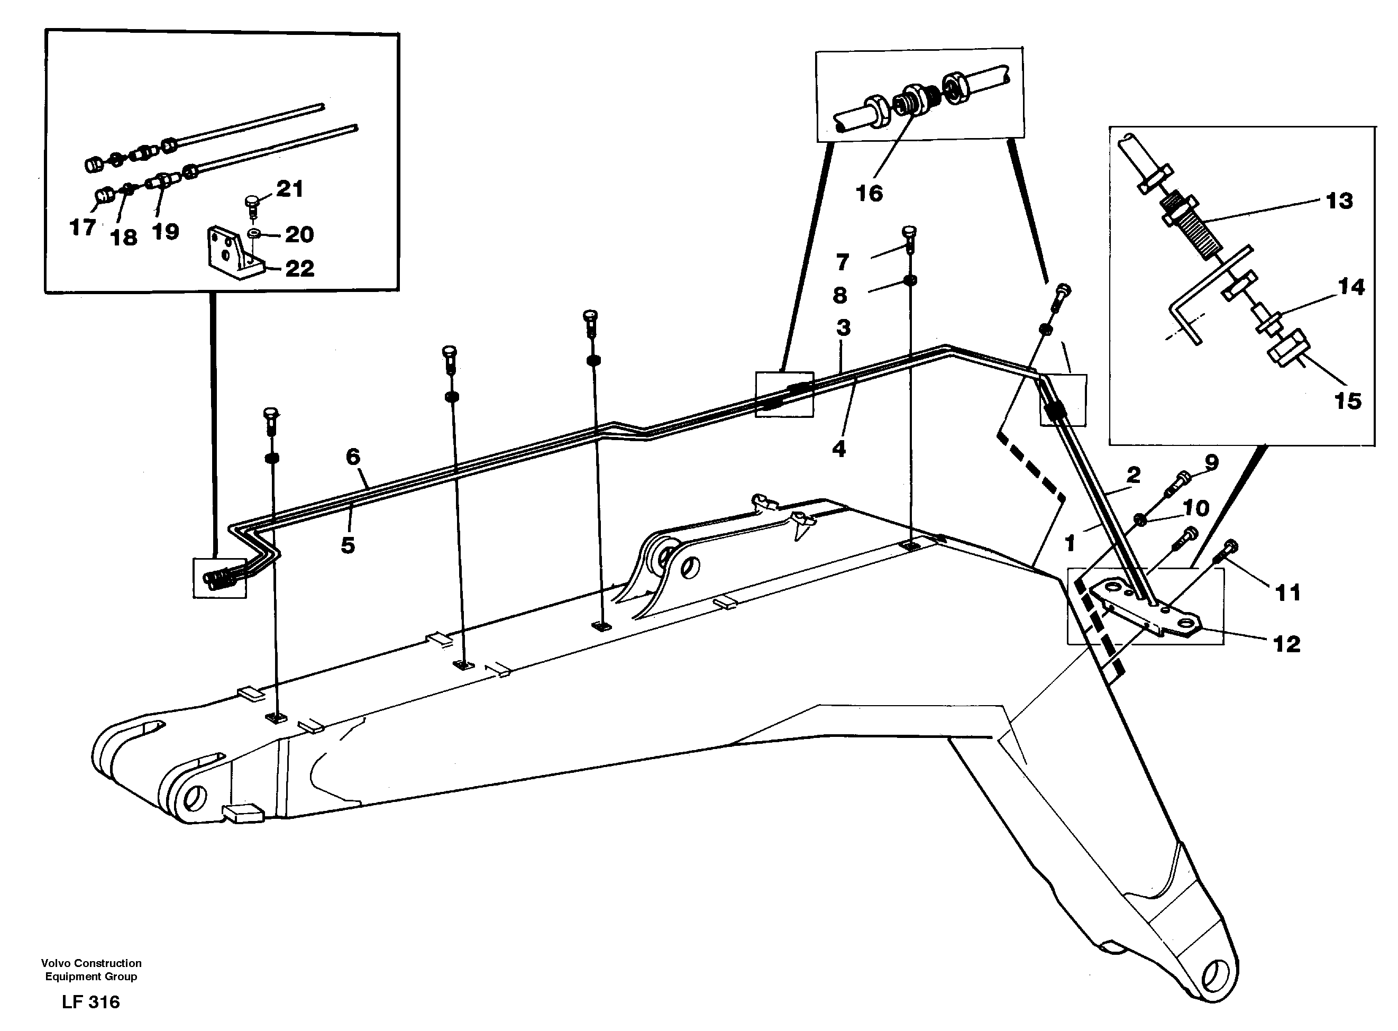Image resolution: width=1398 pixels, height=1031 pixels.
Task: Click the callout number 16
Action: tap(870, 194)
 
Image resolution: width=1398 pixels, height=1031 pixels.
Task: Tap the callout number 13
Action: tap(1339, 201)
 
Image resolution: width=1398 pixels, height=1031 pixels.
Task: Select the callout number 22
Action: tap(299, 269)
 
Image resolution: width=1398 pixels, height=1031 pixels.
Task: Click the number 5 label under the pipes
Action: tap(348, 545)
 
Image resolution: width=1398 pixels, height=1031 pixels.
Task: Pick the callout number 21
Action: tap(289, 188)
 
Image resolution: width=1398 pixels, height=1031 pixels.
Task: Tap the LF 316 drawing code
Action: tap(91, 1002)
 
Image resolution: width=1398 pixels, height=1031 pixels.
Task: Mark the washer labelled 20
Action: tap(254, 233)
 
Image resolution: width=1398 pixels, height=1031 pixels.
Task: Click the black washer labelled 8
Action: tap(910, 280)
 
